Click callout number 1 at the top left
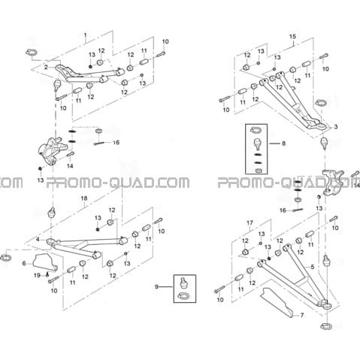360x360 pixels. [x=86, y=34]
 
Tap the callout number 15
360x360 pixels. [x=292, y=36]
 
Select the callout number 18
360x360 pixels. [x=84, y=198]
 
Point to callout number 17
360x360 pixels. [x=250, y=222]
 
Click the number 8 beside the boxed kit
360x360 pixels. [x=283, y=144]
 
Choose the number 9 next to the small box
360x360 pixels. [x=156, y=286]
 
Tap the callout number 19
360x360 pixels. [x=37, y=276]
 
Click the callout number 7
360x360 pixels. [x=302, y=315]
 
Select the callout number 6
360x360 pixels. [x=24, y=263]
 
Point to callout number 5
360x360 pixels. [x=312, y=267]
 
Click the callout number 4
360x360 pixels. [x=38, y=240]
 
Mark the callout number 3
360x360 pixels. [x=336, y=127]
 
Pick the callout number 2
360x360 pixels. [x=46, y=67]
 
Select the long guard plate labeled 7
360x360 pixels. [x=277, y=303]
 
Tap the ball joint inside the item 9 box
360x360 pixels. [x=184, y=282]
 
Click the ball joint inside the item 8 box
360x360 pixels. [x=257, y=144]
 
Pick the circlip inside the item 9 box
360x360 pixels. [x=183, y=296]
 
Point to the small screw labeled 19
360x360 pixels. [x=47, y=275]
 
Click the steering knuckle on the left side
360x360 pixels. [x=51, y=150]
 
